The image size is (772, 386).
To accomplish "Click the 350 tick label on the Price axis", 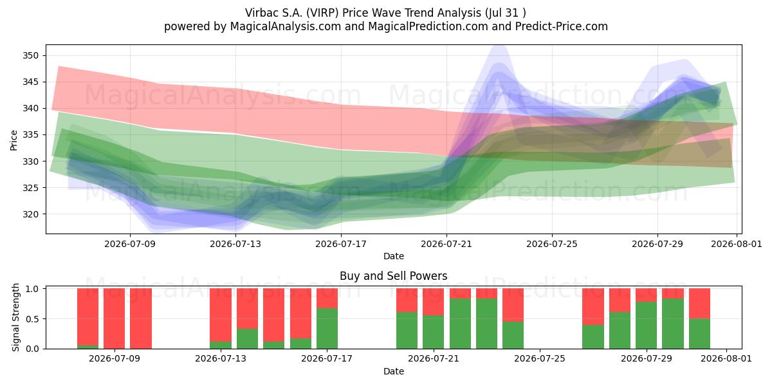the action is tap(31, 55).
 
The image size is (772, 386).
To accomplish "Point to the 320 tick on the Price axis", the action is tap(31, 214).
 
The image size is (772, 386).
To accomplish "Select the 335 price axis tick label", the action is tap(31, 134).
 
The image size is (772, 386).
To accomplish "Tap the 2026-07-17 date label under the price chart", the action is tap(341, 244).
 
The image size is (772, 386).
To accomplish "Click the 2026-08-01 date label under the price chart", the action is tap(737, 244).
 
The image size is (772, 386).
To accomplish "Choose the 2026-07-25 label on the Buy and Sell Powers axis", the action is tap(540, 358).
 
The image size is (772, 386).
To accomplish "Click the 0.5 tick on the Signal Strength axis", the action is tap(32, 319).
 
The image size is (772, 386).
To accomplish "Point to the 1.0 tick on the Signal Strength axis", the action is tap(32, 288).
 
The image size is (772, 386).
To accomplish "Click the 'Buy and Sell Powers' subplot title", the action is tap(394, 276).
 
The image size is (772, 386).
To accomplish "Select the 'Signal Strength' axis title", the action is tap(15, 317).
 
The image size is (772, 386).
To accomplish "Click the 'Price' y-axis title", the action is tap(14, 140).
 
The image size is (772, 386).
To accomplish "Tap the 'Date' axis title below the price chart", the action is tap(394, 256).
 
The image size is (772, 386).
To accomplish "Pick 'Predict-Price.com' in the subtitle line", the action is tap(562, 26).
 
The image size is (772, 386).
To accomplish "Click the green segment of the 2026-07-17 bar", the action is tap(327, 329).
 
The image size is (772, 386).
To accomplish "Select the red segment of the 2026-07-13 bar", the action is tap(221, 315).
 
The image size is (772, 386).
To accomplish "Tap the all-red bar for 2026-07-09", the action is tap(114, 318).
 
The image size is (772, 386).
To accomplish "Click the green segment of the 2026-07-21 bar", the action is tap(434, 332).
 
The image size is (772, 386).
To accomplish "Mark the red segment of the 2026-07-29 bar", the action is tap(646, 295).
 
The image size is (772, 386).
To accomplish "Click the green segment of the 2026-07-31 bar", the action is tap(700, 334).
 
